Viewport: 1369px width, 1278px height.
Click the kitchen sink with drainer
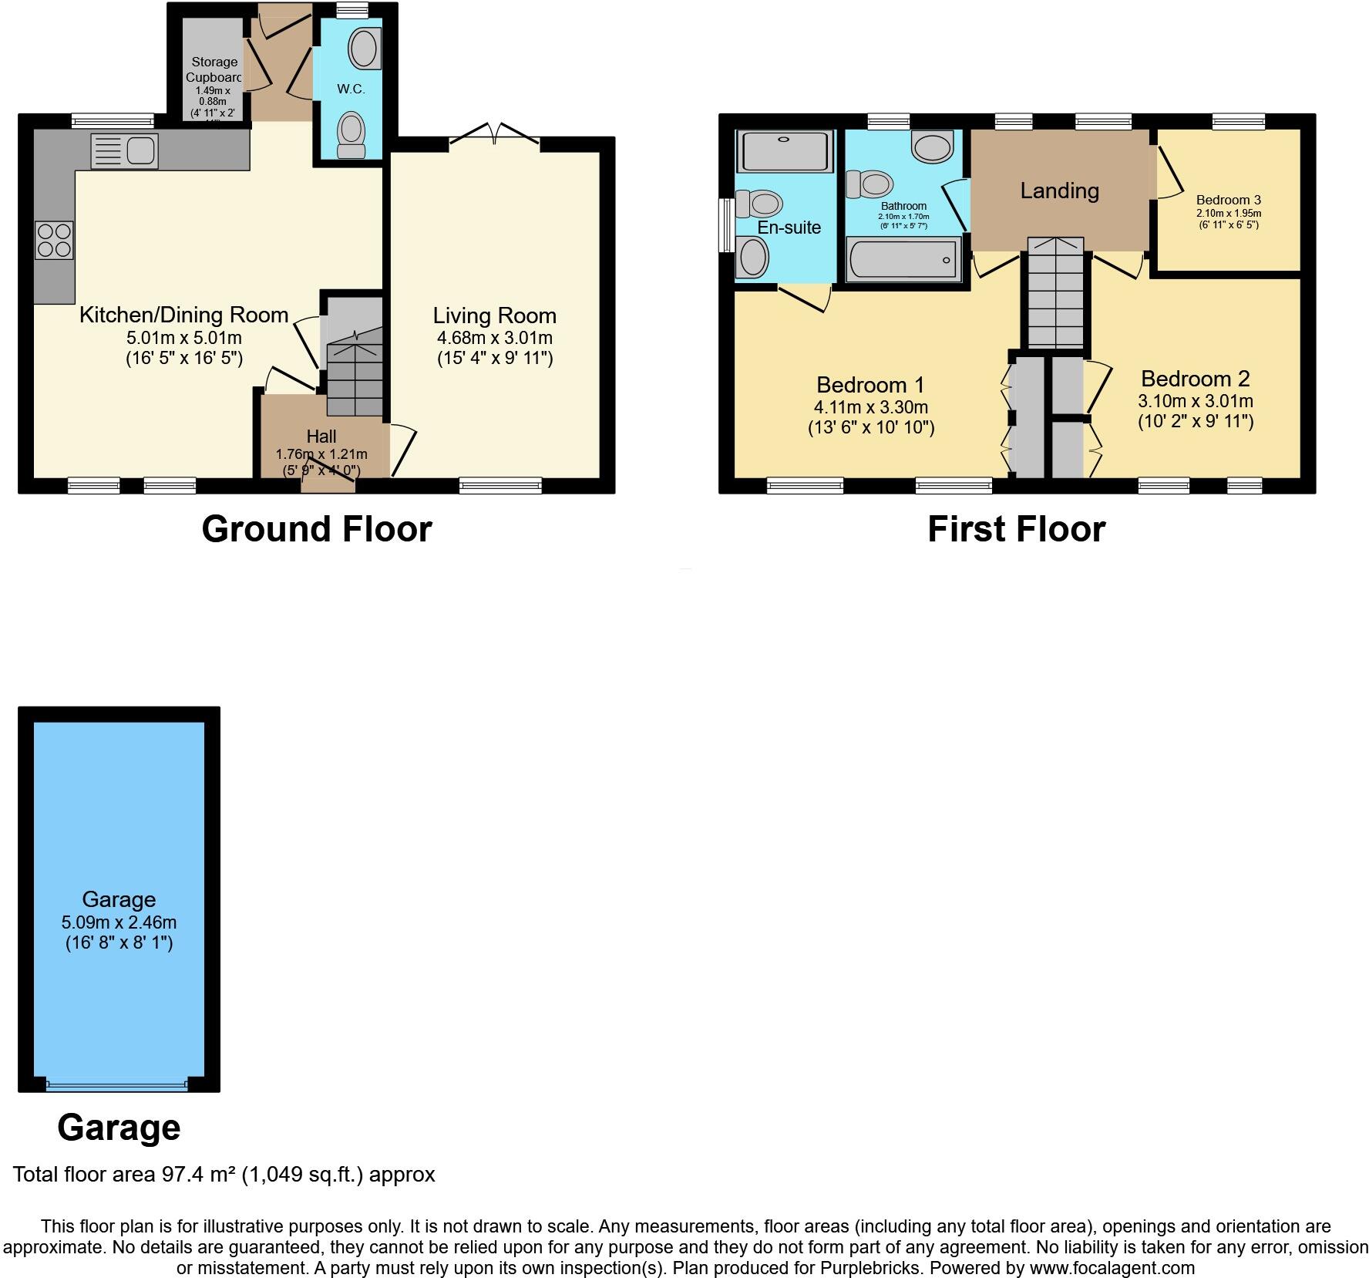[125, 150]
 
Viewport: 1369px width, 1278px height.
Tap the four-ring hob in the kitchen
[54, 239]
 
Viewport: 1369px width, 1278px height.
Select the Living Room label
[494, 315]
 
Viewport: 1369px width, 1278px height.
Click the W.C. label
[351, 89]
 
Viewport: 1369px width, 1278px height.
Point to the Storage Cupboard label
[214, 69]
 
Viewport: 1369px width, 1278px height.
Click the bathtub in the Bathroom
[903, 260]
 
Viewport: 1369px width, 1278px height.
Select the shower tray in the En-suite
[785, 151]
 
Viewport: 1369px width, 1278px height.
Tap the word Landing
[1059, 191]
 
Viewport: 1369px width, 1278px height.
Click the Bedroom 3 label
[1229, 200]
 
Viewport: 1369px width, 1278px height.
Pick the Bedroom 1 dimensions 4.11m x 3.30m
[870, 407]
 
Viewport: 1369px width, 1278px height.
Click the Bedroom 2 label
[1195, 379]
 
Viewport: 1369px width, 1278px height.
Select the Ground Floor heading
[316, 529]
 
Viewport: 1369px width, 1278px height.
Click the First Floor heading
[1016, 529]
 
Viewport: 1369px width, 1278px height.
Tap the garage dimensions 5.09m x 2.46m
[119, 922]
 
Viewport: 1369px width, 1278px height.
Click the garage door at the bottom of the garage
[117, 1084]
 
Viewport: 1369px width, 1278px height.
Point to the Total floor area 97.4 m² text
[224, 1175]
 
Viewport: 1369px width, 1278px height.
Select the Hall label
[321, 437]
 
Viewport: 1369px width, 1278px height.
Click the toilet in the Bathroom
[871, 184]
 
